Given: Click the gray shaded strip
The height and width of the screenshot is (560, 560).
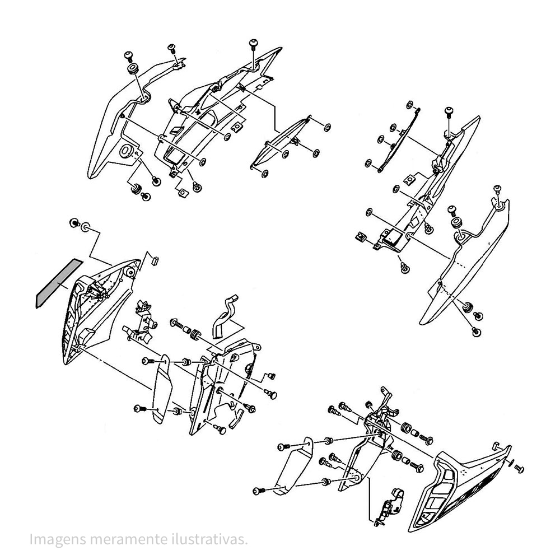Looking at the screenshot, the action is coord(59,283).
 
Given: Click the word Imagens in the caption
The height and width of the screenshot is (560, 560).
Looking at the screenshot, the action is coord(57,539).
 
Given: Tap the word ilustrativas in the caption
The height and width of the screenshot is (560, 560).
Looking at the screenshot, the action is coord(208,539).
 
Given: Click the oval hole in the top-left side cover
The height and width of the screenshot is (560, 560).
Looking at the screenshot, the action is coord(125,151).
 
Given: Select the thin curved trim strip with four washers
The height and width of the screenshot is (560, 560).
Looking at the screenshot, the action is coord(399,141).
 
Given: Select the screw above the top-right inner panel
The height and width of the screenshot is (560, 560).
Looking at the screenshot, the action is coord(449,112).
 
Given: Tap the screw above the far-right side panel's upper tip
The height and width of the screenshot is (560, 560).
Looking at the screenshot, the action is coord(497,189).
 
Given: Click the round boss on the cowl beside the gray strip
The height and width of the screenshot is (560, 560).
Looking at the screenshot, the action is coord(130,273).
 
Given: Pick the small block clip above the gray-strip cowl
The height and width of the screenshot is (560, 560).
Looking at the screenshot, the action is coord(155,260).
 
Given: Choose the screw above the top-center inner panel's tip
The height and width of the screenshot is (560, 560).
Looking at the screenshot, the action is coord(254,43).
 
